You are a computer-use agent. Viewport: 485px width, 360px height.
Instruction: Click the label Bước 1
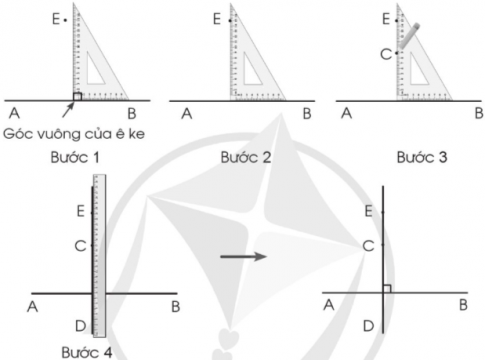coord(75,157)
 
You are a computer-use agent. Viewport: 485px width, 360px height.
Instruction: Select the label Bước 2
coord(246,157)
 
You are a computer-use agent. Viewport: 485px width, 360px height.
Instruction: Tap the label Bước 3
coord(422,157)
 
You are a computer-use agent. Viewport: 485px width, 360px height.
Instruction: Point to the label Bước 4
coord(87,352)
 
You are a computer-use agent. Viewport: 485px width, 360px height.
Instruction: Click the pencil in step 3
coord(409,36)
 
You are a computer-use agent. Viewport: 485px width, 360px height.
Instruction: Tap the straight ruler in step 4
coord(99,256)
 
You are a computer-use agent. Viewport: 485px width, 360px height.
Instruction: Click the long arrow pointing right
coord(244,256)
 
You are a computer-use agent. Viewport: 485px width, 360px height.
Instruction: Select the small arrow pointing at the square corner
coord(68,110)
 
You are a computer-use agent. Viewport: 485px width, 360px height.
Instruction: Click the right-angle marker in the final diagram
coord(387,289)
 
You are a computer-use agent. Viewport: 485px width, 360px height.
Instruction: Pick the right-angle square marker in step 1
coord(77,96)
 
